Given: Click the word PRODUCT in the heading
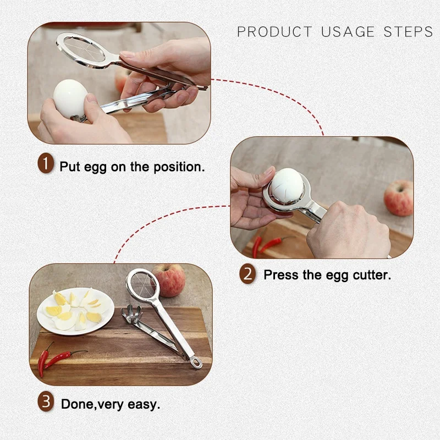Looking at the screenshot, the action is [274, 32].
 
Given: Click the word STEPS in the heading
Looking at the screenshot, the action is [408, 32].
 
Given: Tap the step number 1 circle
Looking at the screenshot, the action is [46, 163].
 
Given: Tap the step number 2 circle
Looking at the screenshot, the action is [248, 273].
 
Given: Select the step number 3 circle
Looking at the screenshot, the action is [46, 402].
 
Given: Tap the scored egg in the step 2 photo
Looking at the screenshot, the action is [287, 185].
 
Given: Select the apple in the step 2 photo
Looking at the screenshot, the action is [399, 198].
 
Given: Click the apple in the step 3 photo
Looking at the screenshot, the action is [169, 280].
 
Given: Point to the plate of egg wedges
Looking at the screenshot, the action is [76, 311].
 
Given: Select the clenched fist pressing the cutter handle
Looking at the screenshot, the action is [348, 229].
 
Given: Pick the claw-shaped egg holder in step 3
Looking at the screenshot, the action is [131, 314].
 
